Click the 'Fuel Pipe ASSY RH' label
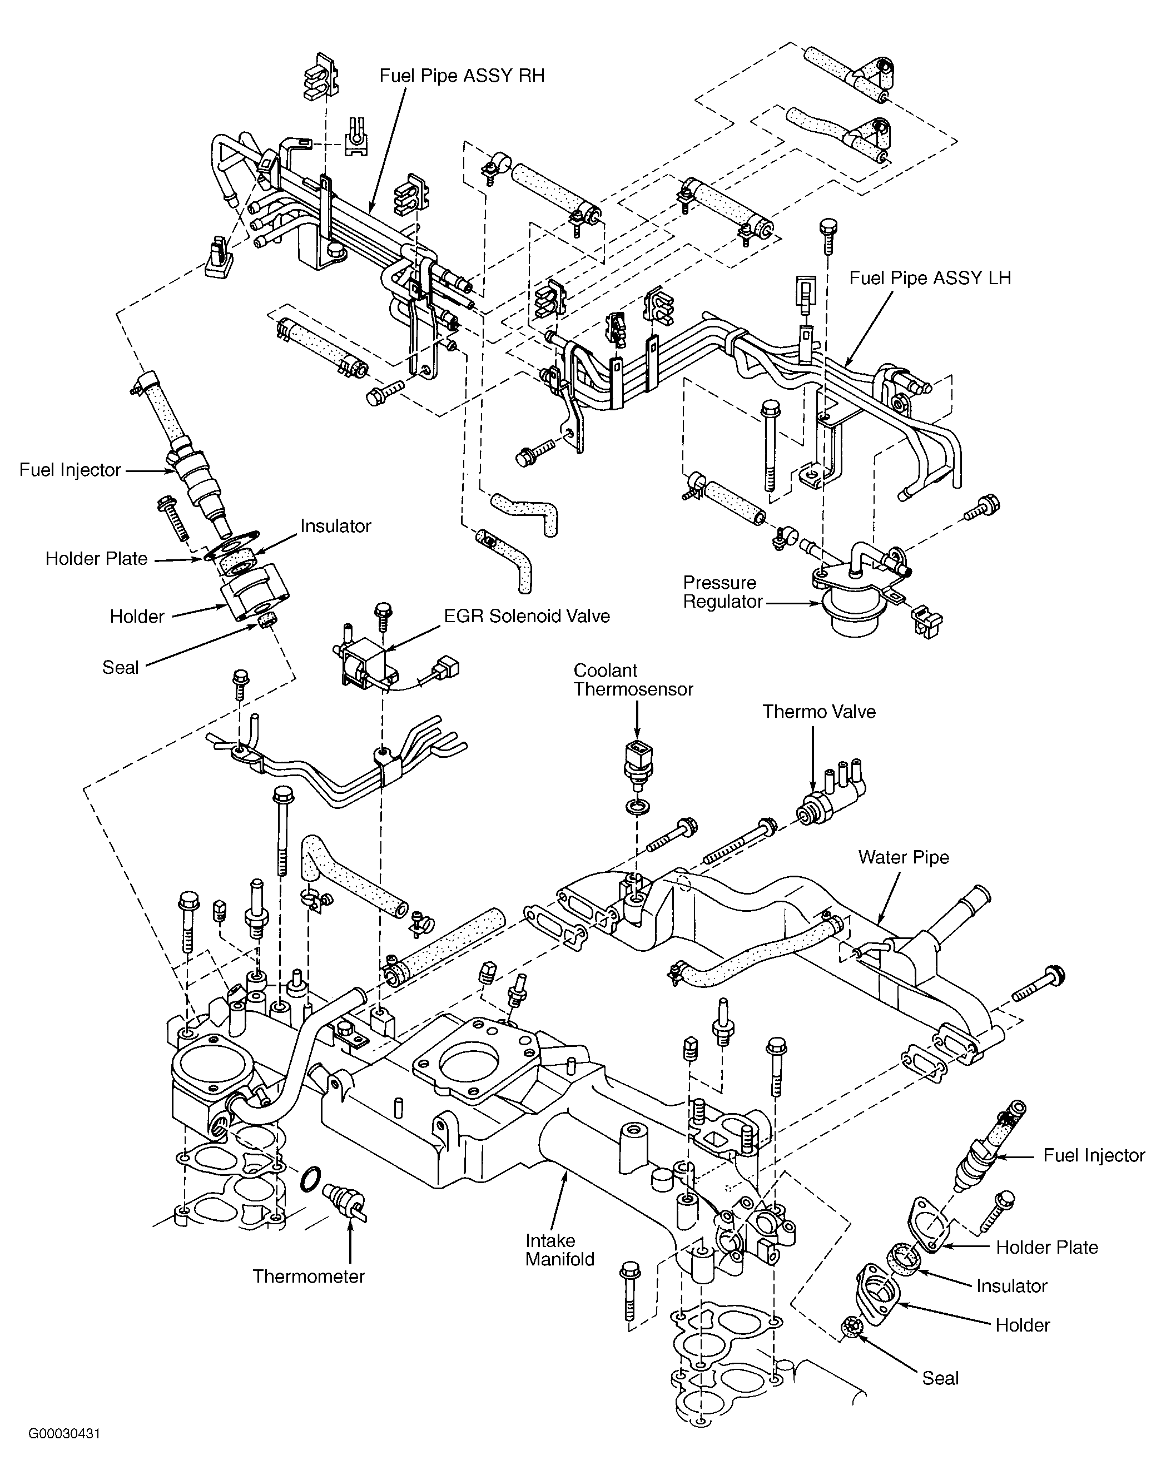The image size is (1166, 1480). (x=462, y=75)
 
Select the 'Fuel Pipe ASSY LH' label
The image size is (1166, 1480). (x=930, y=278)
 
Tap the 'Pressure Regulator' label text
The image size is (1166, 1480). (x=723, y=592)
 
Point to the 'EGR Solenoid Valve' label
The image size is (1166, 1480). (x=527, y=616)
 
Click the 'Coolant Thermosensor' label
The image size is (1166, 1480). (x=633, y=680)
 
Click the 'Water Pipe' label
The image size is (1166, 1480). (x=904, y=857)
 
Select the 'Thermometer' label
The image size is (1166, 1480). (x=309, y=1277)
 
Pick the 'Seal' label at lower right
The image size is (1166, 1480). (x=940, y=1378)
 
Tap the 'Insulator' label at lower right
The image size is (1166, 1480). (x=1011, y=1286)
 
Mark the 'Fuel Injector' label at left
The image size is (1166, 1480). (x=70, y=470)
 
